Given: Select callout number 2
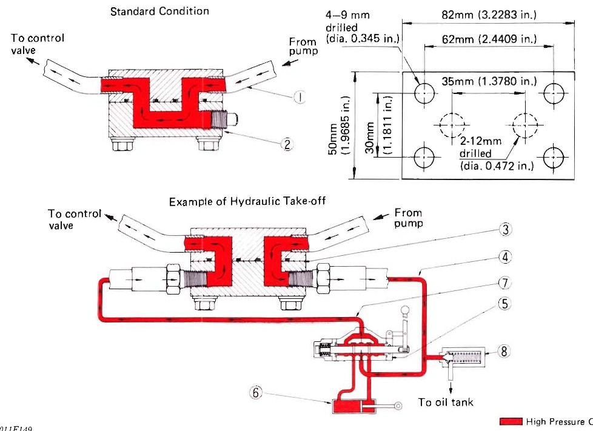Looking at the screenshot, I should tap(287, 144).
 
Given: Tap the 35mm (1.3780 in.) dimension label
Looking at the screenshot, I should tap(489, 81).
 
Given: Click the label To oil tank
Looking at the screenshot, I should tap(446, 402).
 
